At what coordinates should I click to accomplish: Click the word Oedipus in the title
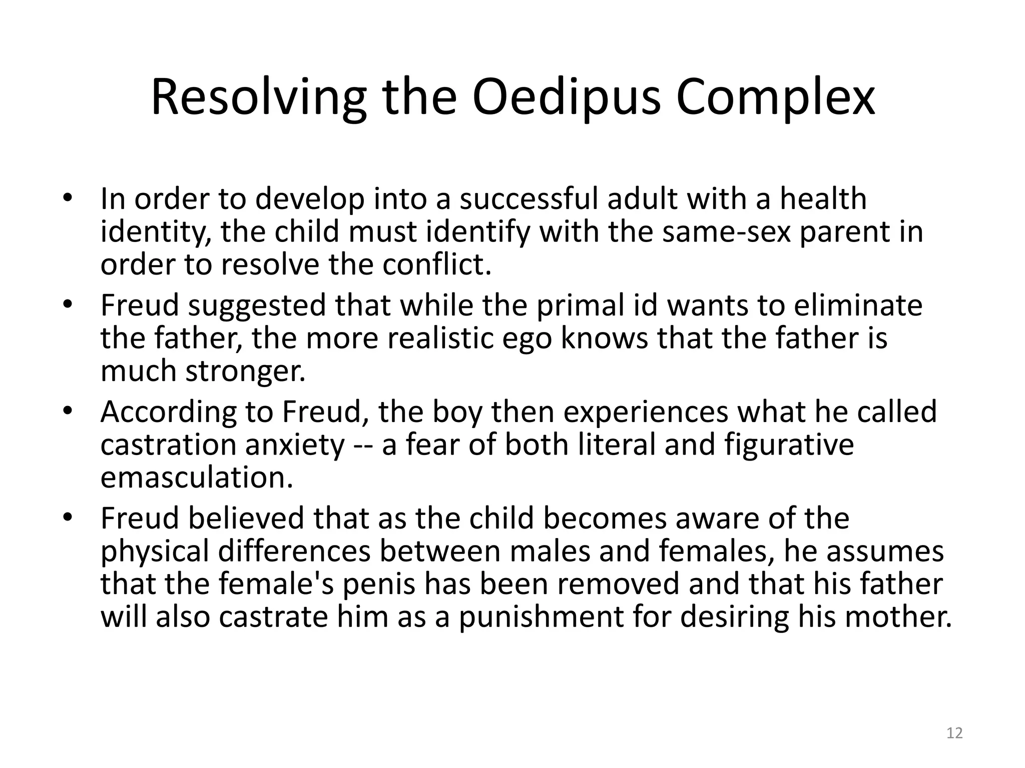(567, 98)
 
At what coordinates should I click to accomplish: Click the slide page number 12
(954, 733)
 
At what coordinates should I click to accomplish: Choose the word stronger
(245, 371)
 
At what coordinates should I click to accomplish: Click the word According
(169, 412)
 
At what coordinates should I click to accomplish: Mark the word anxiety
(295, 445)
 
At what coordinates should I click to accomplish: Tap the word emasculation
(197, 477)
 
